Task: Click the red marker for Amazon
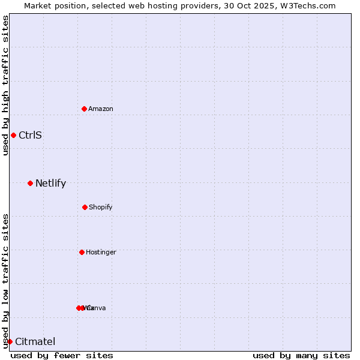point(85,109)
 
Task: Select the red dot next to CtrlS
point(13,135)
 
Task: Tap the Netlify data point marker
point(30,183)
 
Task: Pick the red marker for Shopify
point(85,207)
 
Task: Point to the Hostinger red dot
point(82,252)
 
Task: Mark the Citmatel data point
point(10,341)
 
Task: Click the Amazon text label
point(101,109)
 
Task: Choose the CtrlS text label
point(30,135)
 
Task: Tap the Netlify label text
point(50,183)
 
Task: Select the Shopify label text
point(101,207)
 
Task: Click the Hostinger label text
point(101,252)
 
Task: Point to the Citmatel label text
point(35,341)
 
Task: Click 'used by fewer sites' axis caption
point(62,355)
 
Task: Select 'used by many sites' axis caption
point(301,355)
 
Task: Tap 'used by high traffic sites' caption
point(5,85)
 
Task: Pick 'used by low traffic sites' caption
point(5,281)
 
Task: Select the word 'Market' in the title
point(38,5)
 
